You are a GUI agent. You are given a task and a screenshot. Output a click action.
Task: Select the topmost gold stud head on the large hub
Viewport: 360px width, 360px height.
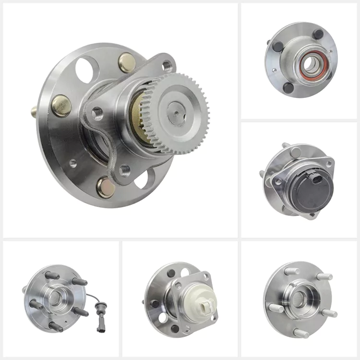(x=127, y=62)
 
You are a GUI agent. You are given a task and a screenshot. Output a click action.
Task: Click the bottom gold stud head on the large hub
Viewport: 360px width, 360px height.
(x=105, y=187)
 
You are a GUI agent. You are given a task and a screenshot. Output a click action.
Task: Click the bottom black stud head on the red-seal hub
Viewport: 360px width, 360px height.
(x=288, y=87)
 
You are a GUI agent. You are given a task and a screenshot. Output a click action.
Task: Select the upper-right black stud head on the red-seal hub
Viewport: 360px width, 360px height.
(x=318, y=35)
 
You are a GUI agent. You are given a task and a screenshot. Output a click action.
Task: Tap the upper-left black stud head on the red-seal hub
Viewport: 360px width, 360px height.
(x=276, y=46)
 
